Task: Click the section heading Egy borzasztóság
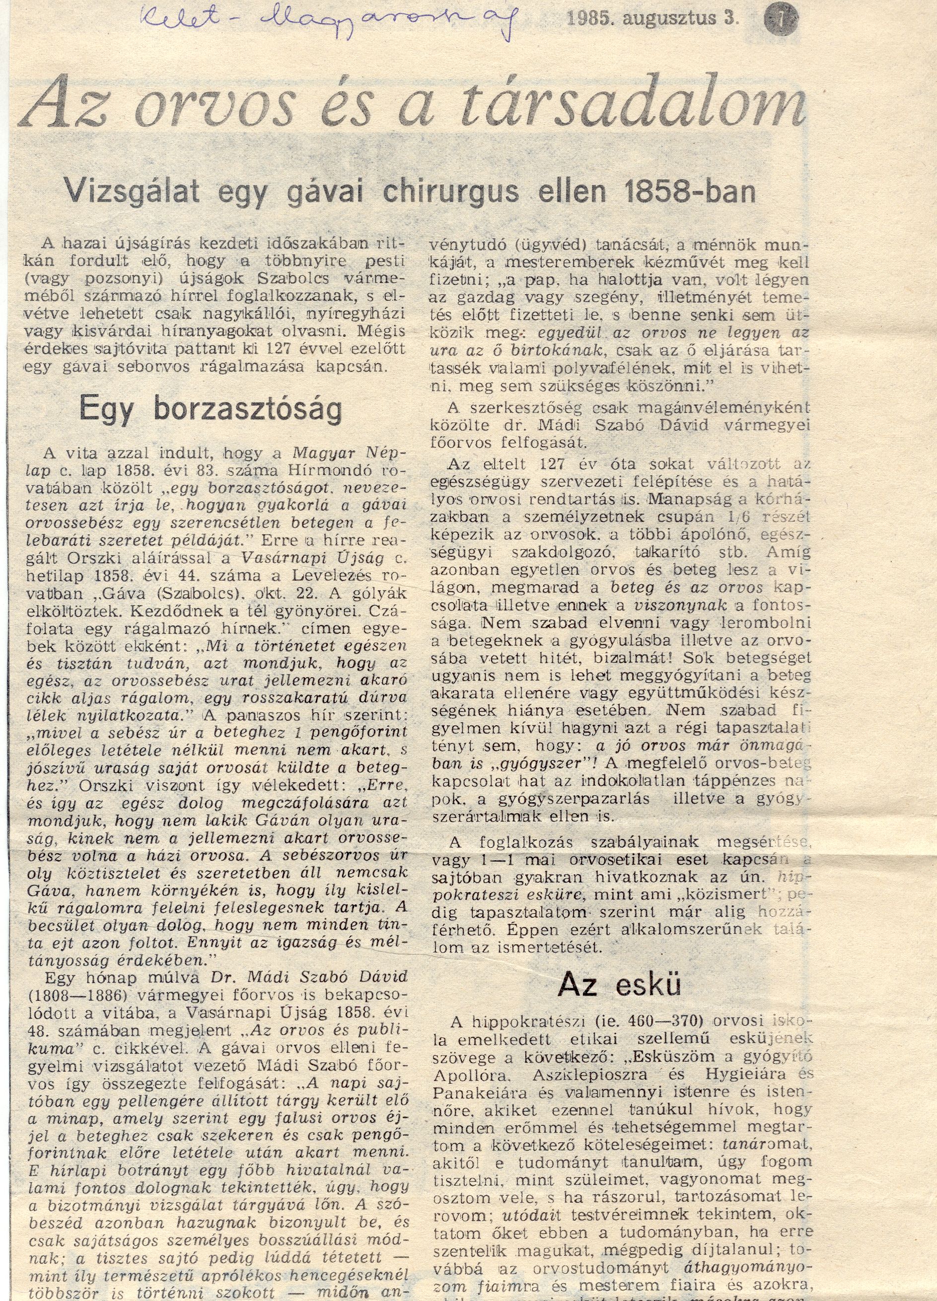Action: [211, 410]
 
